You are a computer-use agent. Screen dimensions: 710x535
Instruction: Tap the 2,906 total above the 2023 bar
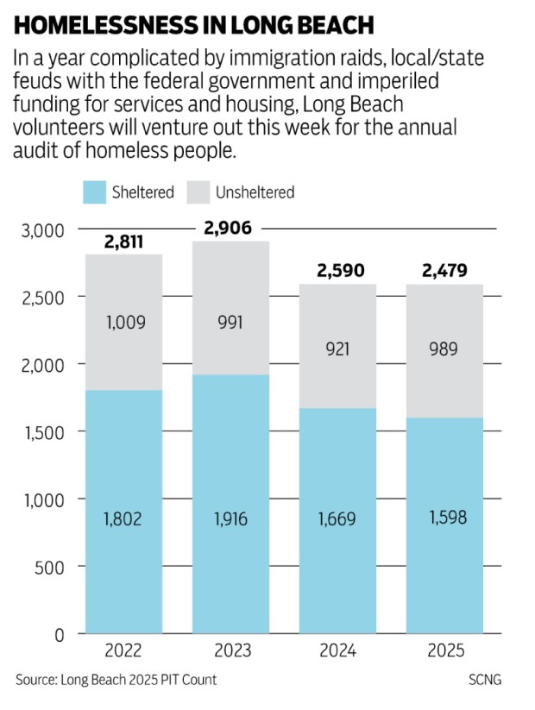click(x=230, y=229)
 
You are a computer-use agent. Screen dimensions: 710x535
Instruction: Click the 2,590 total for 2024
click(x=337, y=272)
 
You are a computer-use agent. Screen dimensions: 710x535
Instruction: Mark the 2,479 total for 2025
click(x=444, y=272)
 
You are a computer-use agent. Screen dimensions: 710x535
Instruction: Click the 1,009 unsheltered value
click(x=125, y=323)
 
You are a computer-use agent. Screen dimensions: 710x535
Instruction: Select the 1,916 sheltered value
click(x=230, y=519)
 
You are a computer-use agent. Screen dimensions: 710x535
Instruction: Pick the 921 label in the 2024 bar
click(x=337, y=348)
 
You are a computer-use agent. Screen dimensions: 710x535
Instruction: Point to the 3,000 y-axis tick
click(x=41, y=230)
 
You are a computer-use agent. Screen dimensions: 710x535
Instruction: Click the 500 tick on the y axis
click(x=50, y=567)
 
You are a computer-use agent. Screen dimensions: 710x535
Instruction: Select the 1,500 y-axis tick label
click(x=41, y=432)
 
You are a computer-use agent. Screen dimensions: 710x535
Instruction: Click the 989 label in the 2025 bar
click(x=444, y=348)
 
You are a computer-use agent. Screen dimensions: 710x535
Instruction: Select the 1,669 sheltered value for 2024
click(x=337, y=519)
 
